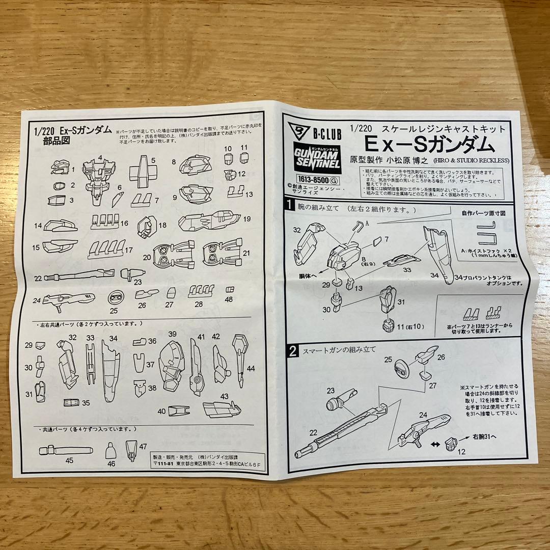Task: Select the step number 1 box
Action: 290,206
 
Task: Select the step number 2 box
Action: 293,350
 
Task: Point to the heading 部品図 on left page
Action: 58,141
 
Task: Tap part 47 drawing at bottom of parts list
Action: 130,449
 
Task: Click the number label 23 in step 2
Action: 331,391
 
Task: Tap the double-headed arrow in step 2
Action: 434,444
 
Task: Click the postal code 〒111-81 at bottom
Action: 162,464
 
